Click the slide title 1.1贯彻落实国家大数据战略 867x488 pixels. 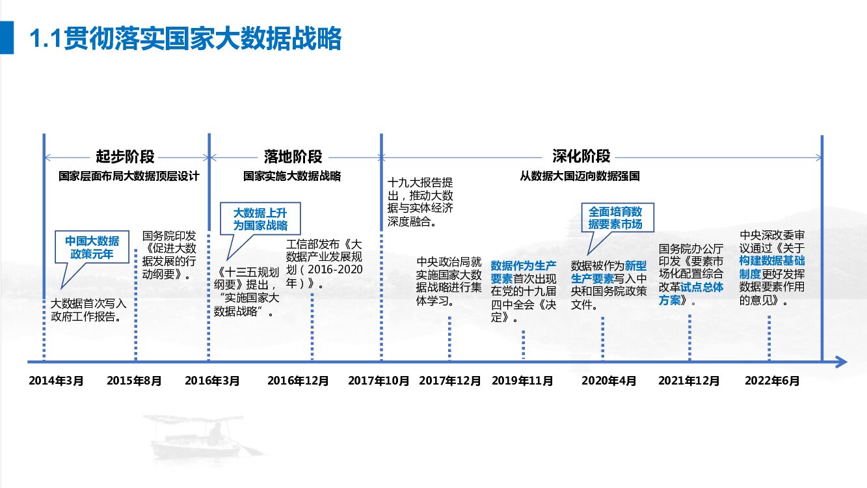(x=186, y=39)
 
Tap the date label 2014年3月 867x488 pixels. (x=56, y=381)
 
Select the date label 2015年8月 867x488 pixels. (x=134, y=381)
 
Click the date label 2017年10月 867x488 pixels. (x=379, y=381)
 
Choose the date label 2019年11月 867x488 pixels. (x=522, y=381)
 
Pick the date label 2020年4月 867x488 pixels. (x=609, y=381)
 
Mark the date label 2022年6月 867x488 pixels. (x=772, y=381)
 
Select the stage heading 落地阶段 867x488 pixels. (x=293, y=157)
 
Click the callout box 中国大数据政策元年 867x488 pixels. (x=92, y=247)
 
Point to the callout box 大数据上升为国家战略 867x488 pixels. (x=260, y=219)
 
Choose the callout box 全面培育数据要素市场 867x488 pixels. (x=615, y=218)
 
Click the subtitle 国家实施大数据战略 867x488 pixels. (x=292, y=176)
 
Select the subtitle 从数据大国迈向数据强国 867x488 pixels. (x=580, y=176)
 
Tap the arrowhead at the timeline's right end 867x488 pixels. (x=840, y=362)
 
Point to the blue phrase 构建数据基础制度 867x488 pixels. (x=771, y=267)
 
